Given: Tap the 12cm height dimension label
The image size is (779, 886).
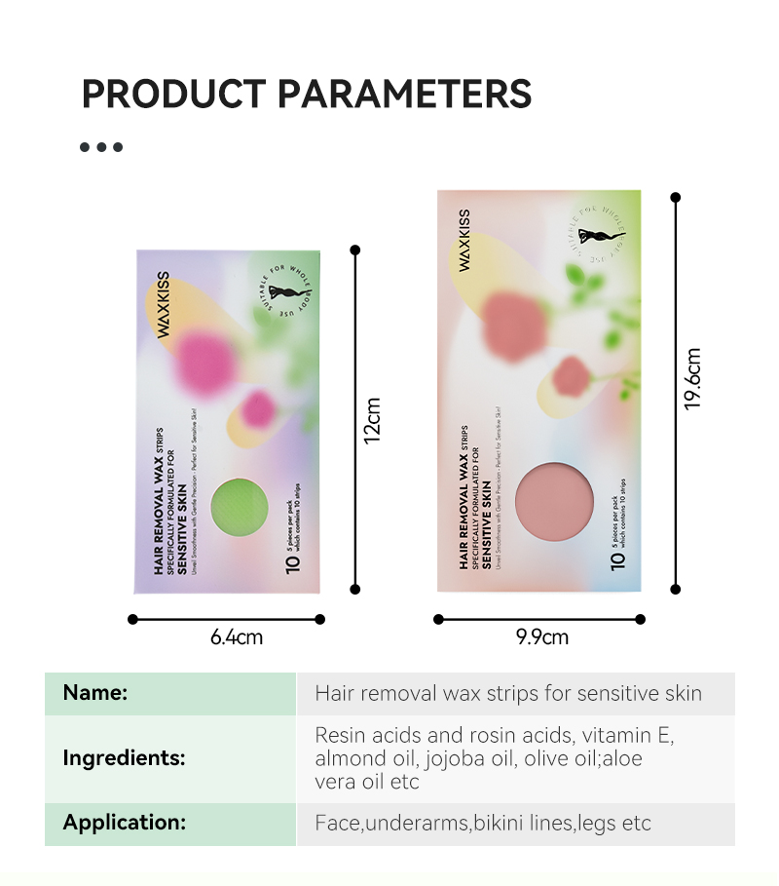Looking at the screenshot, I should (373, 419).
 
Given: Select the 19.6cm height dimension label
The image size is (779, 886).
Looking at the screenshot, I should (693, 378).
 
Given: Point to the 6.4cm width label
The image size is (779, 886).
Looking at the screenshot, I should (237, 638).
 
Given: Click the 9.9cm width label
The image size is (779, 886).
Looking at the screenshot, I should (542, 637).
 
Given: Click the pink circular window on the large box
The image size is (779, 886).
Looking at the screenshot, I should (554, 501).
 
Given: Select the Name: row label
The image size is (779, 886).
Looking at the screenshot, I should (95, 693).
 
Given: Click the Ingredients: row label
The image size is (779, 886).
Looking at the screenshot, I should (124, 757).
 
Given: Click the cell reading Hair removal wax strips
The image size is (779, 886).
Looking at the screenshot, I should (507, 694).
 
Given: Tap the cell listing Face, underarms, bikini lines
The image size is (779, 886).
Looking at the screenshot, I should (482, 824).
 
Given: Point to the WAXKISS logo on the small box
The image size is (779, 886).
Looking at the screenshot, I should (164, 304).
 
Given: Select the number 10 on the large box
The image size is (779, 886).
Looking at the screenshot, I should (616, 560).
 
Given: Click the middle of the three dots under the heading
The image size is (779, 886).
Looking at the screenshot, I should (101, 147).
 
